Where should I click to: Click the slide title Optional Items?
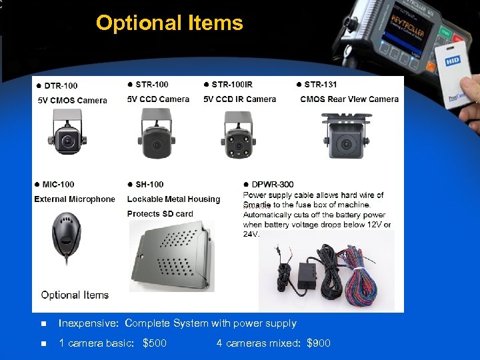(169, 23)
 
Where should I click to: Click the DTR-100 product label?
(61, 85)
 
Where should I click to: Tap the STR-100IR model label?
(231, 85)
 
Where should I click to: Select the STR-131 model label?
(321, 85)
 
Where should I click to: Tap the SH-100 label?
(149, 184)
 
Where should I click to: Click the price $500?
(155, 343)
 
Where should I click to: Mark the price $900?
(318, 343)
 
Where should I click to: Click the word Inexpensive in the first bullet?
(88, 323)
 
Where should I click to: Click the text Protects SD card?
(160, 214)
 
